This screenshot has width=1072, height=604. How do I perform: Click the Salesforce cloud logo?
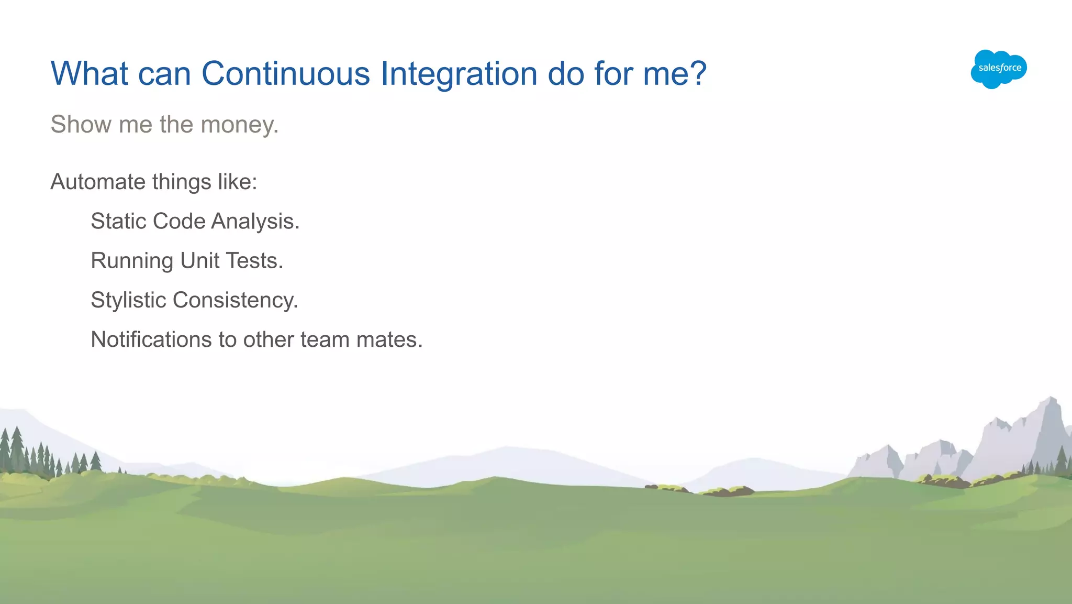click(999, 69)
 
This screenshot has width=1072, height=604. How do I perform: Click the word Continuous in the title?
click(286, 73)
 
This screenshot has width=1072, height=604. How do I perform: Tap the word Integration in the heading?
click(459, 73)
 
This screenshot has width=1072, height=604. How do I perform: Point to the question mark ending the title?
click(698, 73)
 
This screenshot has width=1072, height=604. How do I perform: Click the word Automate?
click(98, 182)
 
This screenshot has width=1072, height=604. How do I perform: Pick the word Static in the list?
click(118, 222)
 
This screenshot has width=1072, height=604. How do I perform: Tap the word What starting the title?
click(89, 73)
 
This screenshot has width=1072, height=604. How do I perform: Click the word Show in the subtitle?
click(81, 125)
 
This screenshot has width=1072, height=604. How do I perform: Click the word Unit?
click(199, 261)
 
